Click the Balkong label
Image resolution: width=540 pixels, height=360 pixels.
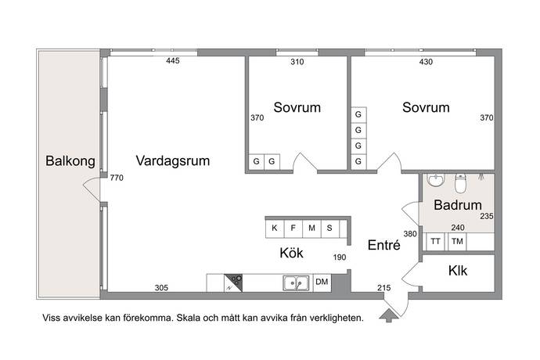[x=70, y=162]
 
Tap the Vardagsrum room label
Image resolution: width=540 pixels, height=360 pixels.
[x=173, y=162]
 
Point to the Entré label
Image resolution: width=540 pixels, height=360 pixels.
[x=384, y=245]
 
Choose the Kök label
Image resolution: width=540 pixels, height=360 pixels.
[x=291, y=254]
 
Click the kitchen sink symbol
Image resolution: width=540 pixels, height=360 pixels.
[x=295, y=283]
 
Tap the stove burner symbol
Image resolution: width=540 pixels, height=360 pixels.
[x=236, y=283]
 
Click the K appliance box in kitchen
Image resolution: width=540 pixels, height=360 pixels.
[x=275, y=229]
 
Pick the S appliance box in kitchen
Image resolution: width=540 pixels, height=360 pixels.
[x=329, y=229]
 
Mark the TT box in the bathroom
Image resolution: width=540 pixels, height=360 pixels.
[x=435, y=242]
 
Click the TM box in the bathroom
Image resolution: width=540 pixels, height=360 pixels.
[x=457, y=242]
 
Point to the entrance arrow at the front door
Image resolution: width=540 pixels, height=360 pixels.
[x=387, y=315]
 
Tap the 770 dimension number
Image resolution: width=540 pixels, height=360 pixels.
[x=117, y=178]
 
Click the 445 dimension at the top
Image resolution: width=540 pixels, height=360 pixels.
[x=174, y=61]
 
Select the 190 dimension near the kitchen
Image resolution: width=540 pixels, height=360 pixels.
[x=339, y=257]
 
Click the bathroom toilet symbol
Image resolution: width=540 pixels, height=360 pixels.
[x=460, y=185]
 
